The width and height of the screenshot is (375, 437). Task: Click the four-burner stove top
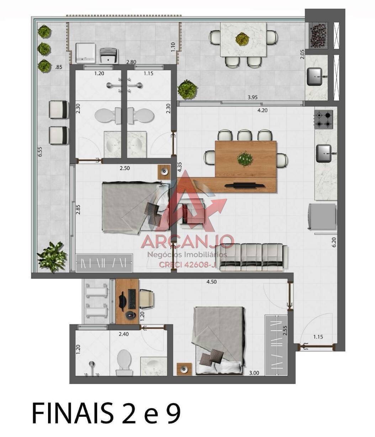(x=323, y=120)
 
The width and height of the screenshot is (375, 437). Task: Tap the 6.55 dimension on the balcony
(x=40, y=152)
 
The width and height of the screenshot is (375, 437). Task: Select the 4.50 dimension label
(x=211, y=282)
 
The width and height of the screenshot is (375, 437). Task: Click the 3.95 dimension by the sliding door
(x=252, y=98)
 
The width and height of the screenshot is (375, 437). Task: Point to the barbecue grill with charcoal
(x=318, y=36)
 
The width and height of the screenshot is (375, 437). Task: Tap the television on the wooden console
(x=244, y=185)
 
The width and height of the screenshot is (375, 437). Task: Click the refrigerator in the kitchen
(x=322, y=216)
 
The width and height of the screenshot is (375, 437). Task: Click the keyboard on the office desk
(x=132, y=299)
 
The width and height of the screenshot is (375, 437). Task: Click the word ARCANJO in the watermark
(x=187, y=242)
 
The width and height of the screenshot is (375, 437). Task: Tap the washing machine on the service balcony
(x=85, y=53)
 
